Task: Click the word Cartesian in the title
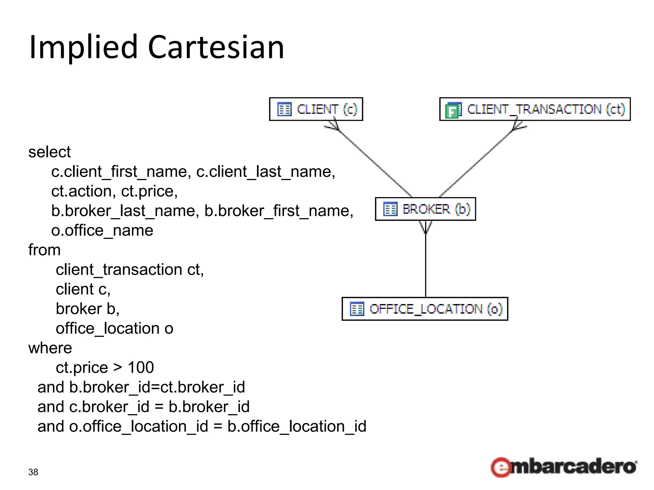pyautogui.click(x=216, y=47)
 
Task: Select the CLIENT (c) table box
pyautogui.click(x=316, y=109)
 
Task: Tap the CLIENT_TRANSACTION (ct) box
pyautogui.click(x=535, y=109)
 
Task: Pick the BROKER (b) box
pyautogui.click(x=425, y=209)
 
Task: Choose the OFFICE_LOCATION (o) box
pyautogui.click(x=425, y=309)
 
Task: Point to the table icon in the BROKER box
pyautogui.click(x=390, y=209)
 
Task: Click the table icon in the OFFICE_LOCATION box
pyautogui.click(x=357, y=309)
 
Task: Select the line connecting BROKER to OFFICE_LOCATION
pyautogui.click(x=425, y=265)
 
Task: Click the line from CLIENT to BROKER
pyautogui.click(x=374, y=163)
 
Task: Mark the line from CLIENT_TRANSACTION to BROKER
pyautogui.click(x=476, y=163)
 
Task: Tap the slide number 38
pyautogui.click(x=33, y=472)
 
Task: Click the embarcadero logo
pyautogui.click(x=564, y=467)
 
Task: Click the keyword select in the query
pyautogui.click(x=49, y=152)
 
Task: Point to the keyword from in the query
pyautogui.click(x=44, y=250)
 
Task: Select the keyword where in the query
pyautogui.click(x=50, y=348)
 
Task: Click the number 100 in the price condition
pyautogui.click(x=141, y=367)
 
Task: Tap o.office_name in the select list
pyautogui.click(x=102, y=230)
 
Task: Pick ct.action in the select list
pyautogui.click(x=81, y=191)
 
